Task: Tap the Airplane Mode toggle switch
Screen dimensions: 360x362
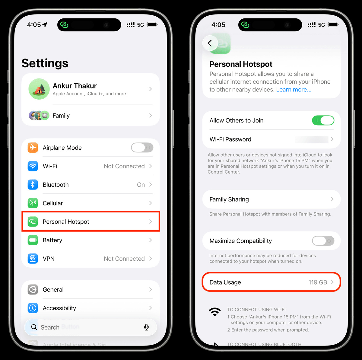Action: (142, 148)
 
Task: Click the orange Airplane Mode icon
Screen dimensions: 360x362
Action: (33, 148)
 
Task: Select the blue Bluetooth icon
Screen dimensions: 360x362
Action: (33, 185)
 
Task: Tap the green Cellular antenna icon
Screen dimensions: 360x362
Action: (33, 203)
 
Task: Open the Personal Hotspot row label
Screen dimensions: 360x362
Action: (66, 222)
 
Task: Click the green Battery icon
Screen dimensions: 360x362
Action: (33, 240)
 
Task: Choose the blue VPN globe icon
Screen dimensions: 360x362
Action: (33, 259)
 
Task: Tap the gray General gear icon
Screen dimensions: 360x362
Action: (33, 290)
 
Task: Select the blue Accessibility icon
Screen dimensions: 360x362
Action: (33, 308)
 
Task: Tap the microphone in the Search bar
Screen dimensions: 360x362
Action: (146, 327)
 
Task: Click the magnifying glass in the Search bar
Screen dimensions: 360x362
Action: (34, 327)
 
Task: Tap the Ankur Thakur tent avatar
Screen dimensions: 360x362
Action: (39, 89)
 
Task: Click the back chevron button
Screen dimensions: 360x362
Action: (210, 43)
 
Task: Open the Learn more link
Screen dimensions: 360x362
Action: (294, 90)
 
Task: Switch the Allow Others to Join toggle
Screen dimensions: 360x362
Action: (323, 120)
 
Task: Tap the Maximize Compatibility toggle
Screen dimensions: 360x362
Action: (323, 241)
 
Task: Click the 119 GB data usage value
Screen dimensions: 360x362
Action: (318, 282)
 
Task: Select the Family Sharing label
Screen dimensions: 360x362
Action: (229, 199)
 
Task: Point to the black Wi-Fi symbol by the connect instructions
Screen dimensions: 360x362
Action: (215, 312)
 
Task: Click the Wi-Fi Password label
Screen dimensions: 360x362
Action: (230, 139)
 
